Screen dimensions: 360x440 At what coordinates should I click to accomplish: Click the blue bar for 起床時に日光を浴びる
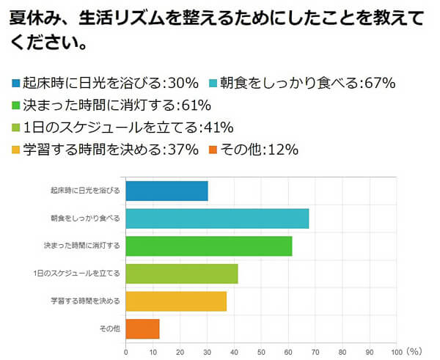(x=166, y=191)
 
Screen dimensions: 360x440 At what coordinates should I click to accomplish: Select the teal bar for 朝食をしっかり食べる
(x=217, y=218)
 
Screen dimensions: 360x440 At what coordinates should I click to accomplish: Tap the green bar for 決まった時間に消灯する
(x=209, y=246)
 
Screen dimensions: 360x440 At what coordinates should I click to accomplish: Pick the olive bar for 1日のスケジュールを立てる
(x=182, y=273)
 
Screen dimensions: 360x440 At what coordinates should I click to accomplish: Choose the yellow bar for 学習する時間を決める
(x=176, y=301)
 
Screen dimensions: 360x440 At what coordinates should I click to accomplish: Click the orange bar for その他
(x=142, y=328)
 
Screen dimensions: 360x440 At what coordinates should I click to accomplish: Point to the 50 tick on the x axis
(x=262, y=350)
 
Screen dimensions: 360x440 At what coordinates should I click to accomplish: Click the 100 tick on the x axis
(x=396, y=350)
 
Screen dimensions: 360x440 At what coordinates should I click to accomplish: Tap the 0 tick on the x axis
(x=126, y=350)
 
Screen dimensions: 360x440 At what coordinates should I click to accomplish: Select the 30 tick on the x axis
(x=208, y=350)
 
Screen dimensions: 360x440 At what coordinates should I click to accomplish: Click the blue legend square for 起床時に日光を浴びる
(x=16, y=81)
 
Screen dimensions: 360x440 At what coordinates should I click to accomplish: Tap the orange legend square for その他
(x=212, y=150)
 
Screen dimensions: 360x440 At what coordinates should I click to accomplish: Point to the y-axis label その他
(x=109, y=328)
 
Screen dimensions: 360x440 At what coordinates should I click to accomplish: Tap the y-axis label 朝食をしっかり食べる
(x=85, y=218)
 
